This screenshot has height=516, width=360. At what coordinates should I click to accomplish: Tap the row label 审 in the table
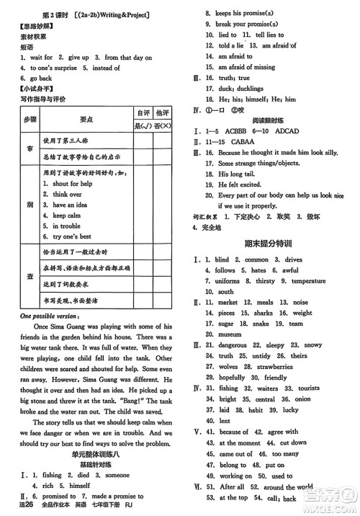click(x=29, y=147)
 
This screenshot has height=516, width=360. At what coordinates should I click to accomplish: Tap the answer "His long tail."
click(x=241, y=174)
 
